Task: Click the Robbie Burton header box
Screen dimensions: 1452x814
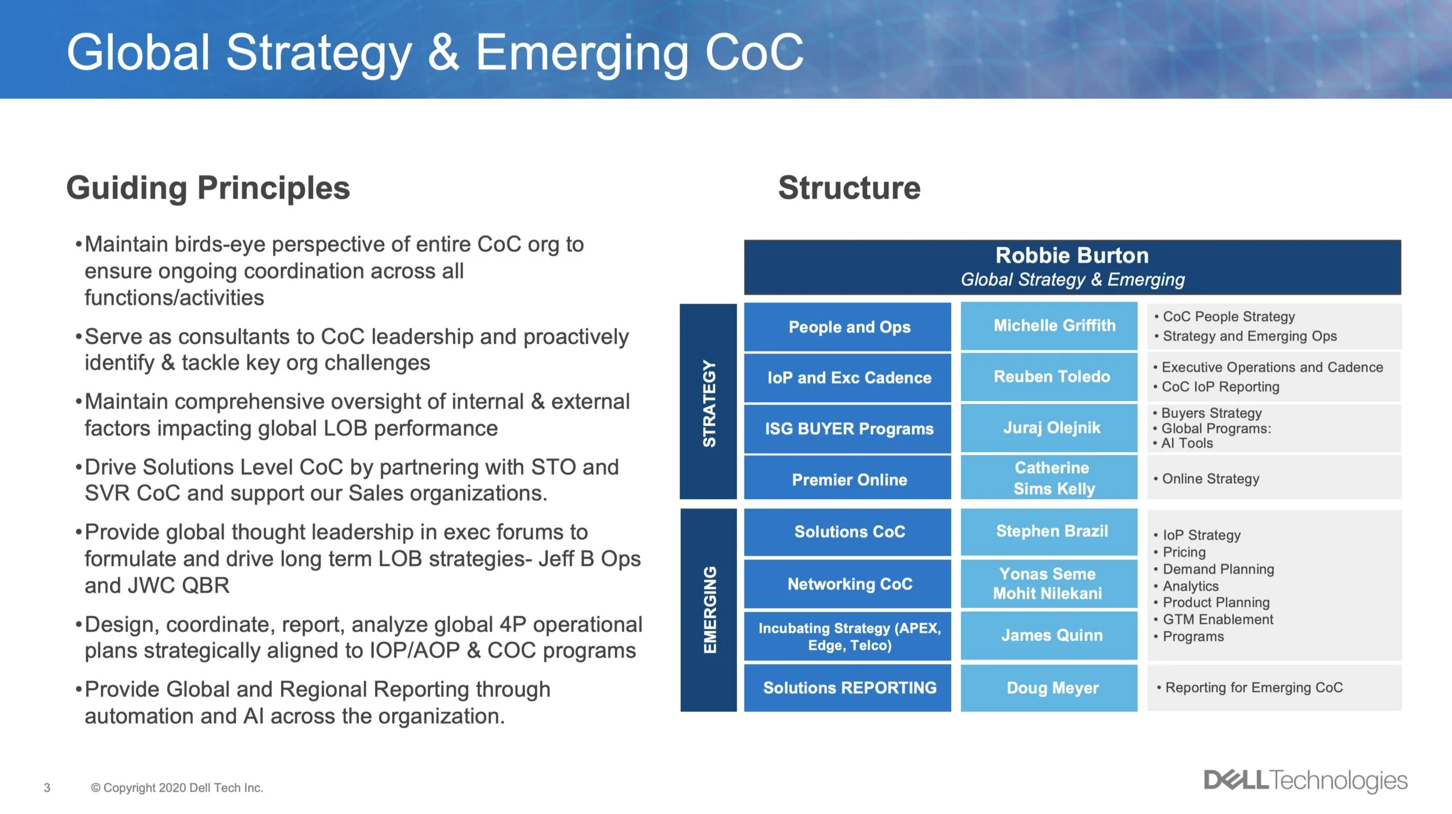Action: tap(1072, 267)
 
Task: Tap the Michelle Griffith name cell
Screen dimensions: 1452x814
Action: tap(1049, 326)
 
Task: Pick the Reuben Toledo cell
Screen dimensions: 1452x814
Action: tap(1049, 376)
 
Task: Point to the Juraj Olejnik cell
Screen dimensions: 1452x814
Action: tap(1049, 428)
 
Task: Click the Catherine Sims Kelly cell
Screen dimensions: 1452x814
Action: tap(1049, 478)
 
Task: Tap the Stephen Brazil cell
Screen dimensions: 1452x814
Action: tap(1049, 531)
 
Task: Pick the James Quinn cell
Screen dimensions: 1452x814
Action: tap(1049, 635)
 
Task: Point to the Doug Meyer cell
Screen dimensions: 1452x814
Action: tap(1049, 688)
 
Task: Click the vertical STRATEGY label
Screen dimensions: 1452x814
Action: tap(709, 402)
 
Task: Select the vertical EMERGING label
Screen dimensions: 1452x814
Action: tap(709, 609)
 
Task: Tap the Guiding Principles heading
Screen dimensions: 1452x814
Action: tap(208, 188)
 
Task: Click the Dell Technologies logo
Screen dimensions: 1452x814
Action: tap(1305, 780)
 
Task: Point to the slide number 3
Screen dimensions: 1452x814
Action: tap(47, 788)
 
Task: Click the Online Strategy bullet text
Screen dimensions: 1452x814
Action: tap(1210, 479)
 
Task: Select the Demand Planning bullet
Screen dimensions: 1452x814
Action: tap(1218, 569)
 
